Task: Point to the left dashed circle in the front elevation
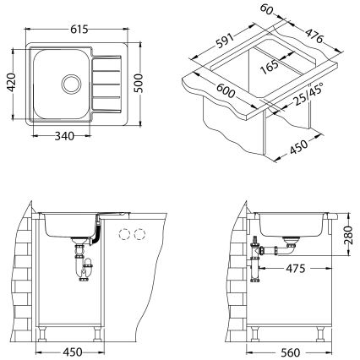pyautogui.click(x=124, y=234)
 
